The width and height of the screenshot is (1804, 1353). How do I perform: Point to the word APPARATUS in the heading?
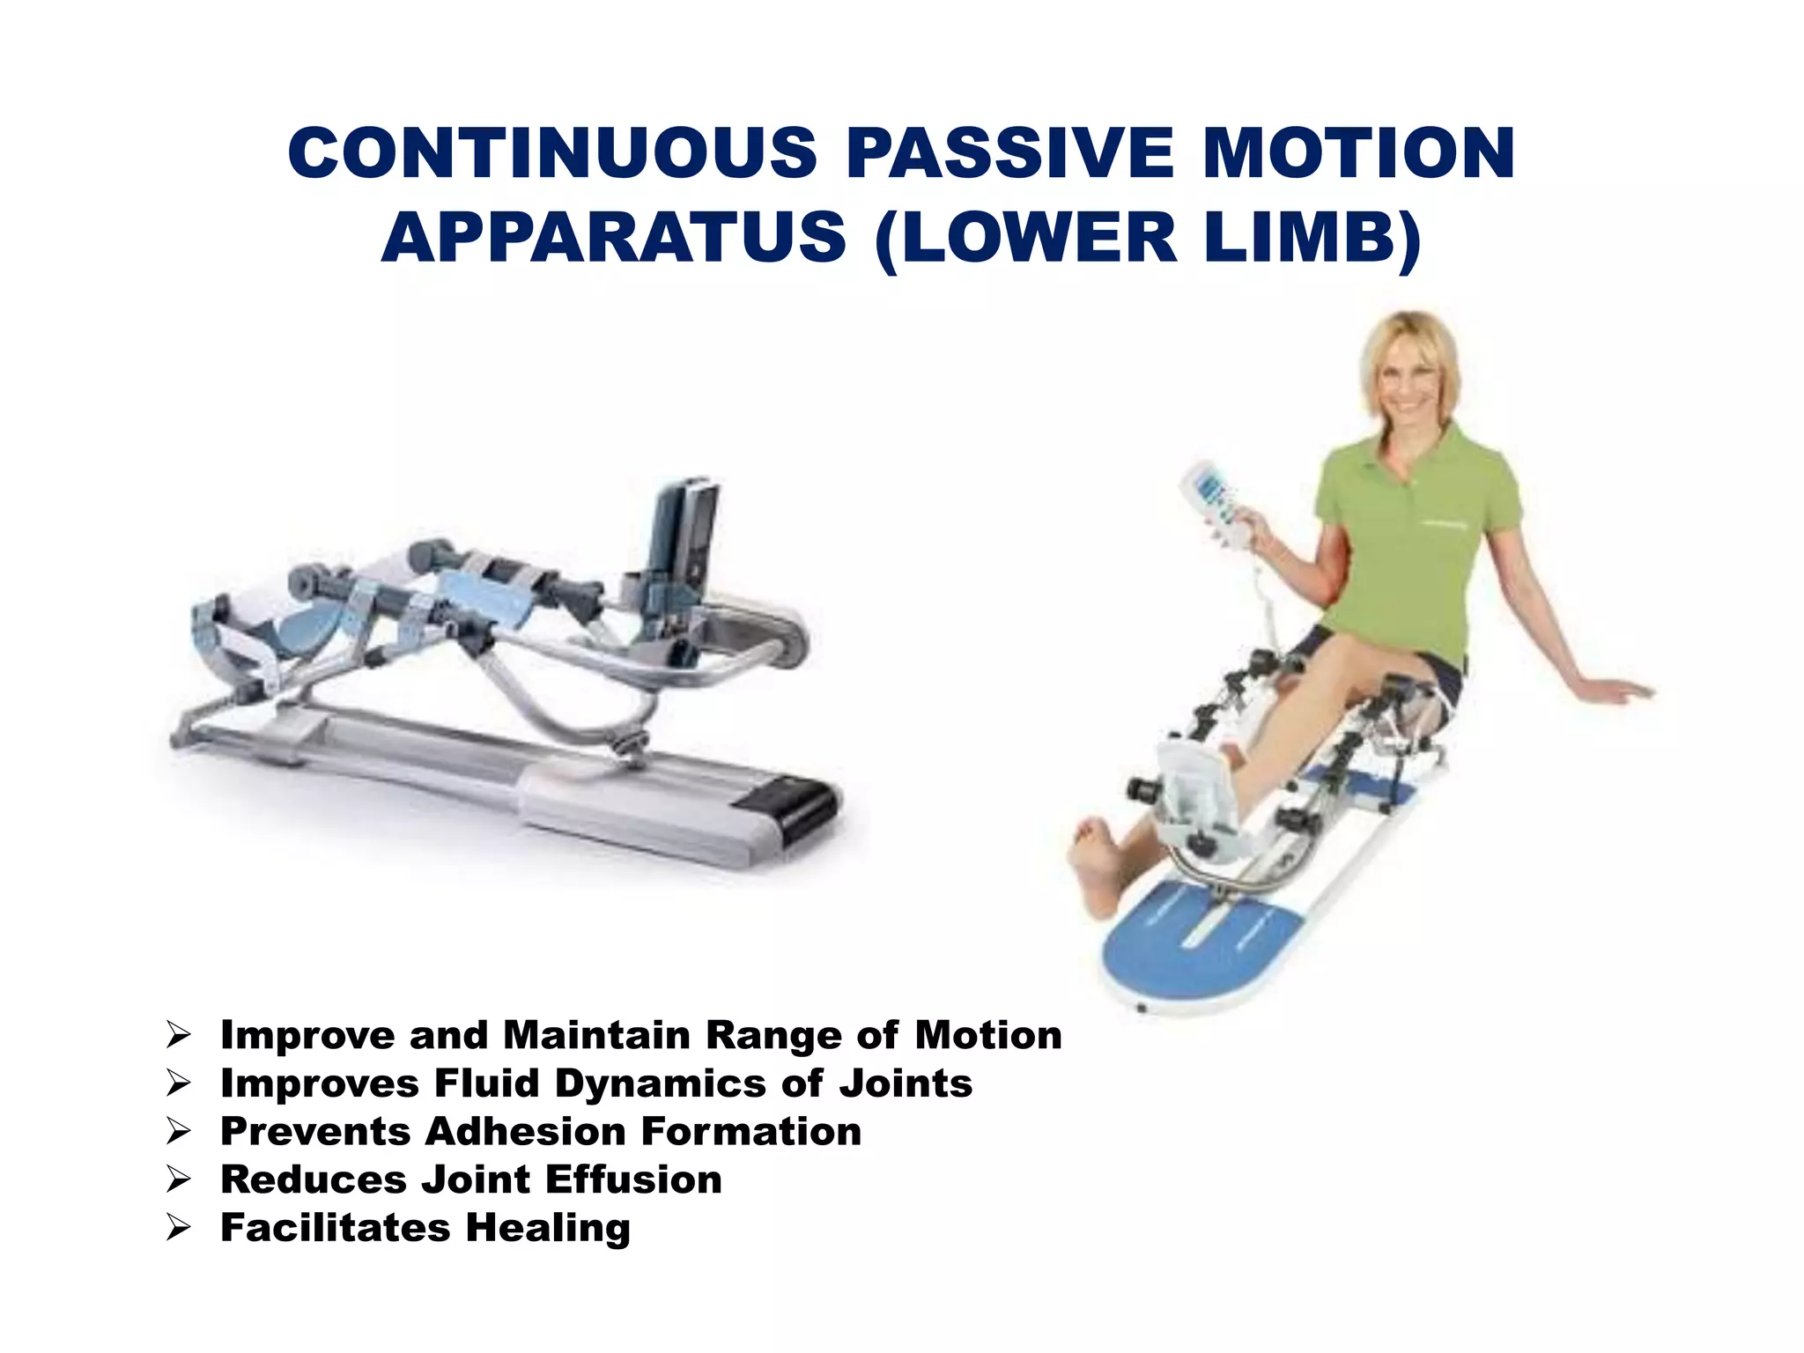point(614,238)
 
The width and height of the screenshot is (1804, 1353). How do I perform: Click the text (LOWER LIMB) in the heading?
point(1148,238)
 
